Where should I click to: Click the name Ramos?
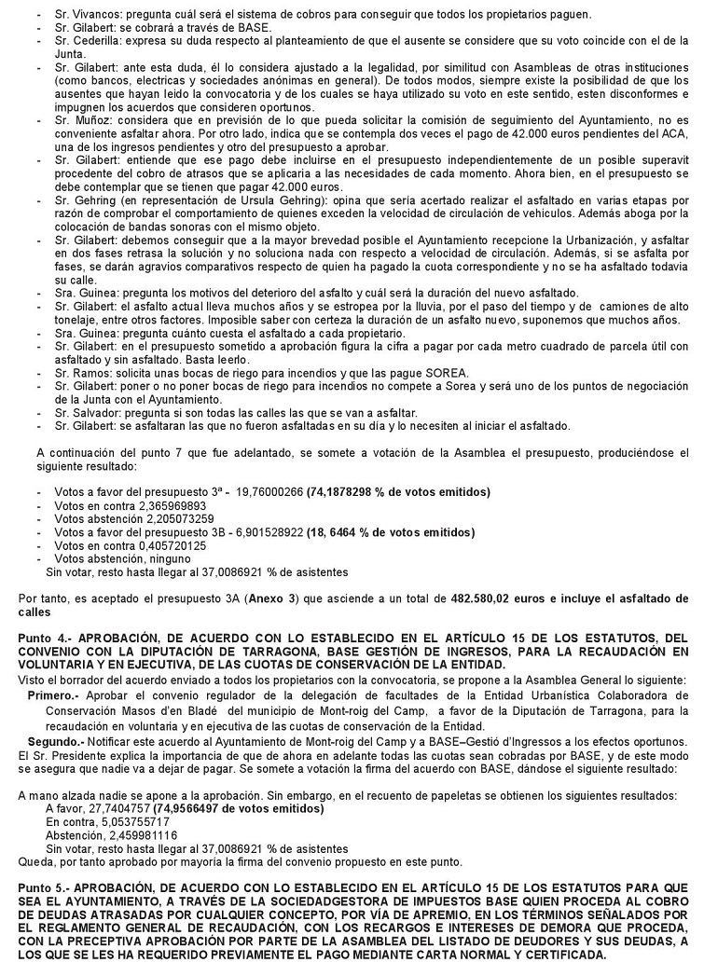coord(81,373)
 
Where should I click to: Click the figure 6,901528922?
coord(274,532)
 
